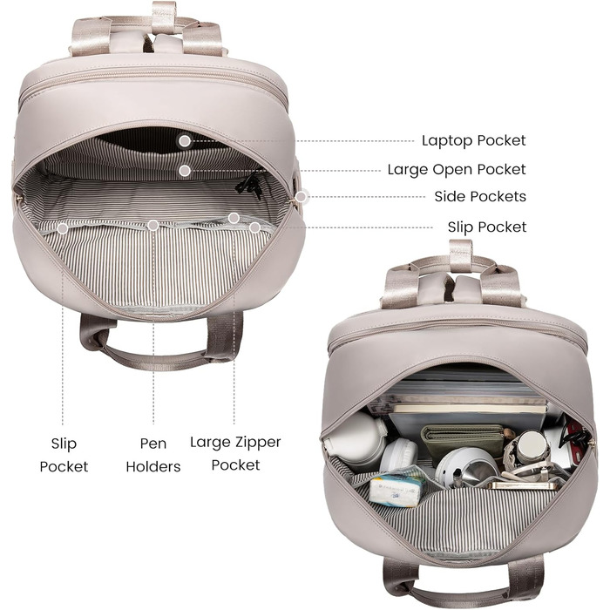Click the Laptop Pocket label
tap(473, 140)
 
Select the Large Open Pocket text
tap(457, 170)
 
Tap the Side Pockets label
tap(480, 196)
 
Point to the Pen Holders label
tap(153, 455)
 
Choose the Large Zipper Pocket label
tap(235, 454)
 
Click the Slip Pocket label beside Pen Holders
tap(64, 455)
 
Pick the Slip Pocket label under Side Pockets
tap(486, 227)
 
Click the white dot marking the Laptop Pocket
tap(185, 141)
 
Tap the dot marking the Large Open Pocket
tap(185, 171)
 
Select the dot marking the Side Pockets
tap(301, 197)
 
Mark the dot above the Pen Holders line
tap(153, 225)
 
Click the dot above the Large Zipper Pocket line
tap(234, 218)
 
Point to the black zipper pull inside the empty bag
tap(250, 186)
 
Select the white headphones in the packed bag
tap(398, 455)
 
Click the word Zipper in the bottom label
tap(257, 443)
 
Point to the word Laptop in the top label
tap(447, 140)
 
